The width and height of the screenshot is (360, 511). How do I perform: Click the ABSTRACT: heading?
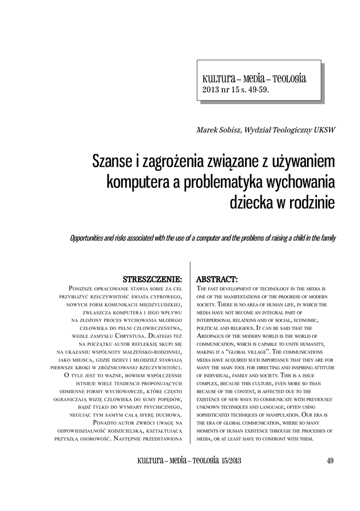point(217,278)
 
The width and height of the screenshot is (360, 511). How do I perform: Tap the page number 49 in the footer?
point(330,461)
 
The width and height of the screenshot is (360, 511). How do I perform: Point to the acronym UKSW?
point(324,130)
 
